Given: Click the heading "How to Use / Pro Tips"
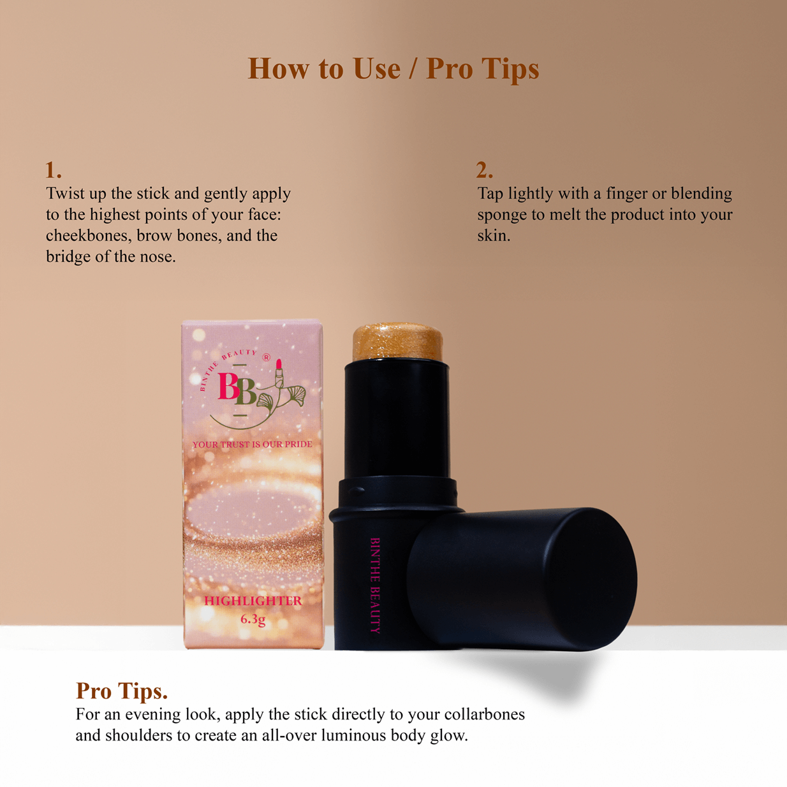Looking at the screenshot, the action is tap(393, 69).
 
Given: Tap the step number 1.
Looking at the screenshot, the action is tap(53, 170).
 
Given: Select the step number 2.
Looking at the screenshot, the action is tap(484, 170).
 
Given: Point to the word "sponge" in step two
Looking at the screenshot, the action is tap(502, 216).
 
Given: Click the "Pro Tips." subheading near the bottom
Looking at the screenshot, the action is tap(122, 691).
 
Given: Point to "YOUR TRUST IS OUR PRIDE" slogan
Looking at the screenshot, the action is tap(253, 445).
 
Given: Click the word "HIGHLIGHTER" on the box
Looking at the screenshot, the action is tap(253, 601).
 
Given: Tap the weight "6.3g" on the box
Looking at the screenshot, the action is tap(253, 619).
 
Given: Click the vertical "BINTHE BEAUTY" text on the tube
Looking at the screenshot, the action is tap(375, 585).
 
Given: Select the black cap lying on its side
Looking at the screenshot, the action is tap(522, 578).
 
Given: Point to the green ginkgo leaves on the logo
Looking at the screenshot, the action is tap(282, 398).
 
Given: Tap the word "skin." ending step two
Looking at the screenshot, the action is tap(494, 236).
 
